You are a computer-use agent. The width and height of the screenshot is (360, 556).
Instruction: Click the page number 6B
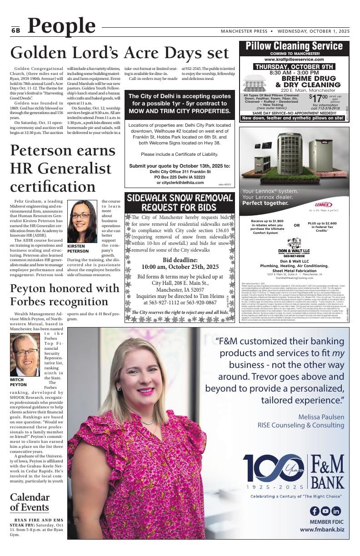tap(16, 30)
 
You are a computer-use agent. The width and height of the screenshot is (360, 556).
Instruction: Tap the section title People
tap(61, 26)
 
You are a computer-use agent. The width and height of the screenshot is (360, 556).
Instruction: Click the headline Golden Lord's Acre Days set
tap(120, 53)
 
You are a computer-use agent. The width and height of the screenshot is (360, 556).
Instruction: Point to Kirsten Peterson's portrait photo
tap(82, 221)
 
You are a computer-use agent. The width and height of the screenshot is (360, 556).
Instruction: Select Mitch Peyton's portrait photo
tap(25, 355)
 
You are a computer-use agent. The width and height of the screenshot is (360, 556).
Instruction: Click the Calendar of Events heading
tap(30, 502)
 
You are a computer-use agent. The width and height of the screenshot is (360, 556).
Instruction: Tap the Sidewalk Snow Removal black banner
tap(180, 203)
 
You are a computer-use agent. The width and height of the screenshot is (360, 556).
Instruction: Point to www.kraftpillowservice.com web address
tap(294, 59)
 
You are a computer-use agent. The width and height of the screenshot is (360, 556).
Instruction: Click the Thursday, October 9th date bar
tap(294, 66)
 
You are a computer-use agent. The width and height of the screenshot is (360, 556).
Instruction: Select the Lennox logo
tap(323, 204)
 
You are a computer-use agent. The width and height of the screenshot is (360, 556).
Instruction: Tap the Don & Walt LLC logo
tap(294, 246)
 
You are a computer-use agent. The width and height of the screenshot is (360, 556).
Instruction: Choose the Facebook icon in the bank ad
tap(314, 511)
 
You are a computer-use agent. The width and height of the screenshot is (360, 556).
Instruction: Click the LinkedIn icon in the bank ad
tap(336, 511)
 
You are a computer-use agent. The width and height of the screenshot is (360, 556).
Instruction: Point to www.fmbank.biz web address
tap(322, 530)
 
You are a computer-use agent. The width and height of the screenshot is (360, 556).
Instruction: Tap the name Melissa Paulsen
tap(321, 417)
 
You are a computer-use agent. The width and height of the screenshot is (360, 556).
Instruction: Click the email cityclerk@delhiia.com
tap(180, 183)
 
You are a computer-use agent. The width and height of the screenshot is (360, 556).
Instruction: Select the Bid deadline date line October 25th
tap(180, 267)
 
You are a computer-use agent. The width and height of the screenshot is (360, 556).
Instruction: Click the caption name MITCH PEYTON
tap(18, 382)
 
